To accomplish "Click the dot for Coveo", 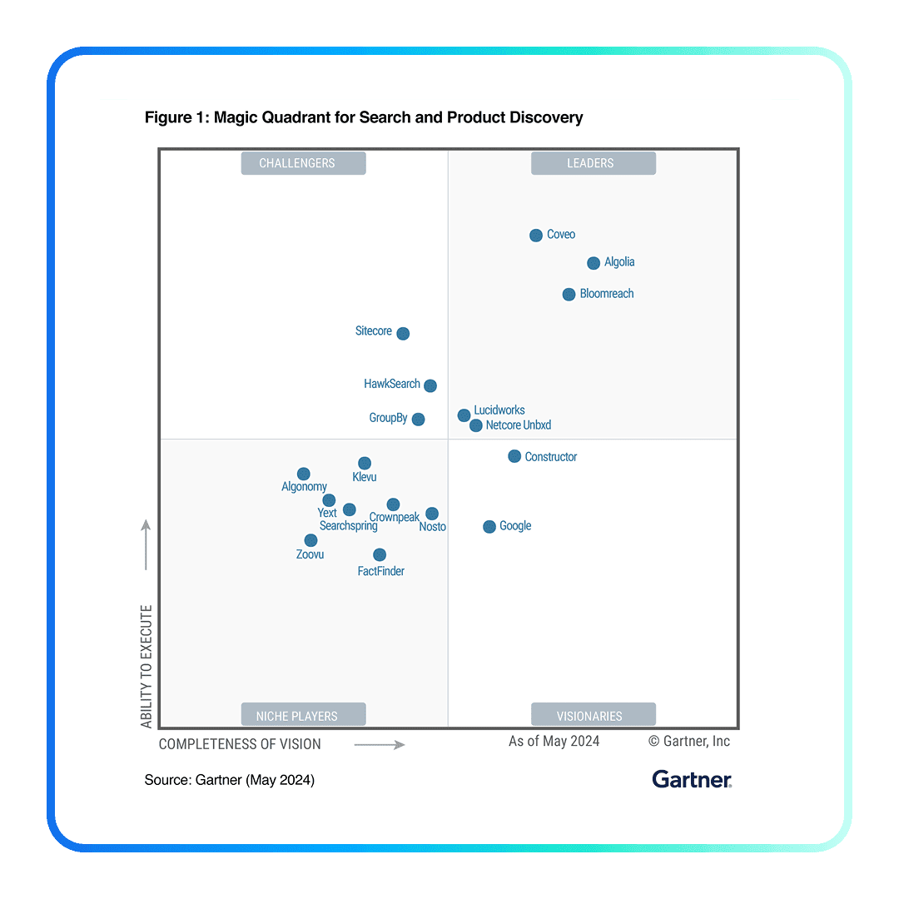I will click(536, 236).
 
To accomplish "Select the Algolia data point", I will click(594, 263).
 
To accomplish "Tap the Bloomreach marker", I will click(569, 295).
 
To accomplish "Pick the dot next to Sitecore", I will click(403, 334).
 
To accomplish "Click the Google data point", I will click(489, 527).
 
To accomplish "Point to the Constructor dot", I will click(514, 456).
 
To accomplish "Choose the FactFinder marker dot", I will click(380, 554).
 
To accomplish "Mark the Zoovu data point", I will click(310, 540).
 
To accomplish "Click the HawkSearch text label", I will click(392, 385).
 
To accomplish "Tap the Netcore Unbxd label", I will click(519, 425).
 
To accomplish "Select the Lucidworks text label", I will click(499, 410).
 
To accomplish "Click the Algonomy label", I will click(304, 487).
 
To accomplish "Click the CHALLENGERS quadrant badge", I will click(304, 163).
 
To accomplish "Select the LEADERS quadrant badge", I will click(593, 163).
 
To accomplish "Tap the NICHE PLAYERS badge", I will click(304, 716).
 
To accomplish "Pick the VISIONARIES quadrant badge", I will click(593, 716).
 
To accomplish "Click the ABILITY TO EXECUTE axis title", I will click(147, 666).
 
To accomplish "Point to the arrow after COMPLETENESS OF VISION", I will click(380, 744).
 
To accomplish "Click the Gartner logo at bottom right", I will click(692, 780).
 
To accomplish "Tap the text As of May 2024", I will click(554, 742).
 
